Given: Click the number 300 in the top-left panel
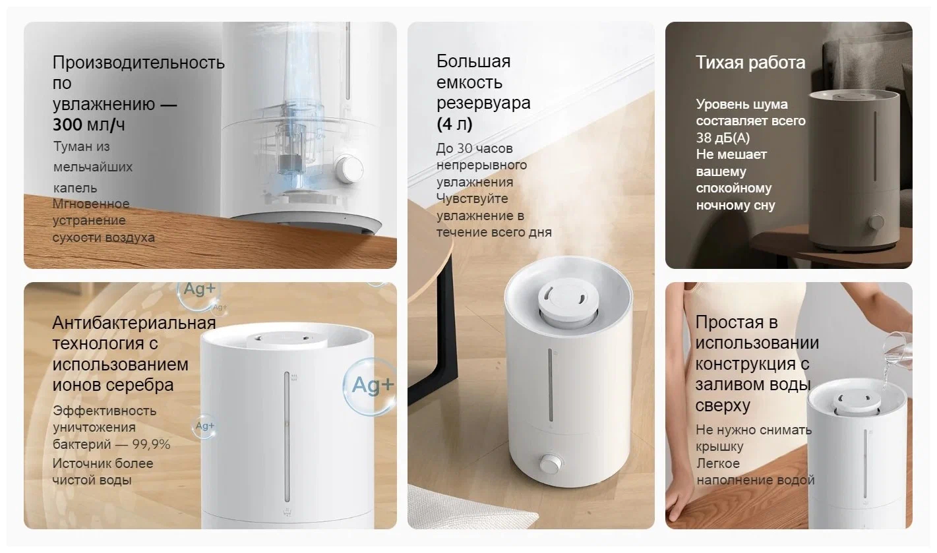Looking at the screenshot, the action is click(x=67, y=125).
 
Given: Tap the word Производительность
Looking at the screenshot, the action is click(x=138, y=63).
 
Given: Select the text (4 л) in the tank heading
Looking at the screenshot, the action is click(x=454, y=124).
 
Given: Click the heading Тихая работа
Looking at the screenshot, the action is click(x=750, y=63).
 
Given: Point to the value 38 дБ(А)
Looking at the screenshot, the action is click(x=723, y=138).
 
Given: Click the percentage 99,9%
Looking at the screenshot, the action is click(x=151, y=444).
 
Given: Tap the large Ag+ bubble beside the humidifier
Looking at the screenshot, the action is click(x=369, y=386).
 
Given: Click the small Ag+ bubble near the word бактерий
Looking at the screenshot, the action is click(x=204, y=426).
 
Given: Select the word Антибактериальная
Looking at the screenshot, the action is click(x=135, y=323).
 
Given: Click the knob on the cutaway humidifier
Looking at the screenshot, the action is click(x=348, y=169).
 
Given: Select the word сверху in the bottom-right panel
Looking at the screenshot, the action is click(x=723, y=405).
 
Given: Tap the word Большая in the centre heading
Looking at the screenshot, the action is click(x=473, y=61).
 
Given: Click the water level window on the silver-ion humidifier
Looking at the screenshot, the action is click(x=287, y=437).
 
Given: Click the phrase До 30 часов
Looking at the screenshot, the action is click(x=474, y=148).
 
